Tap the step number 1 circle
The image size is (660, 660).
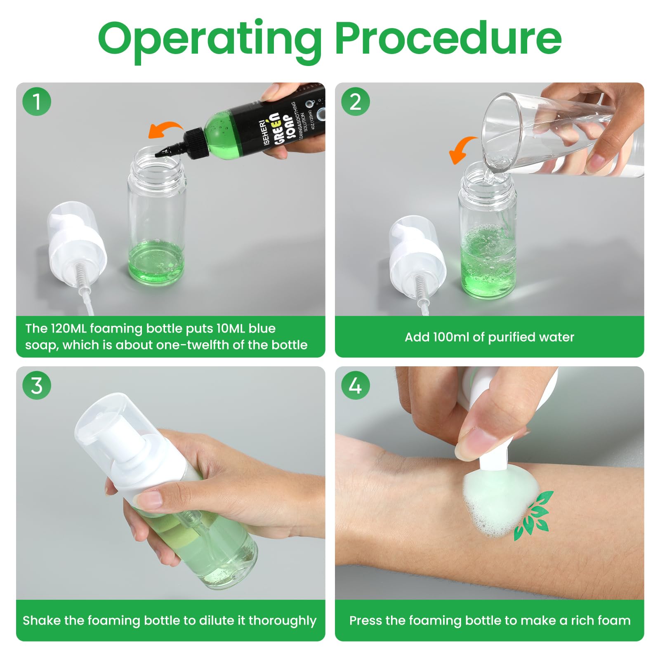(37, 101)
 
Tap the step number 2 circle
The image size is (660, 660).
(356, 101)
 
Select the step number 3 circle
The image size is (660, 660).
(37, 386)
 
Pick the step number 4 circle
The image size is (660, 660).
(356, 386)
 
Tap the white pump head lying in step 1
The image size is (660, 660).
(76, 243)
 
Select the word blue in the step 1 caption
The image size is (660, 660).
(262, 328)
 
